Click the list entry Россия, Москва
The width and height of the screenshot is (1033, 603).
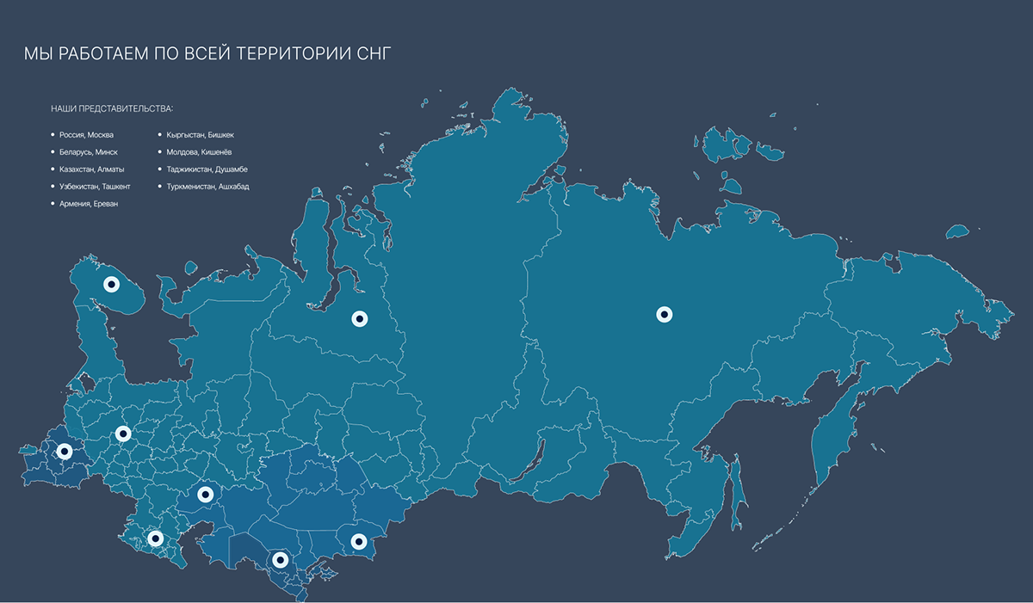click(86, 135)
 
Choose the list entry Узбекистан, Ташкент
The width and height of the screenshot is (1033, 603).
click(95, 187)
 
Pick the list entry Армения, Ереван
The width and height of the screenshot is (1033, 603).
click(89, 204)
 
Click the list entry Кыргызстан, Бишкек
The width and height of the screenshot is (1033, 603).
click(200, 135)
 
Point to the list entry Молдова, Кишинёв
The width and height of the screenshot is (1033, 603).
click(199, 152)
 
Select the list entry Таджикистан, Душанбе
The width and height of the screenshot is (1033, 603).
click(207, 169)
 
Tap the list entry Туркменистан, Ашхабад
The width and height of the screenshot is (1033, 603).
click(207, 187)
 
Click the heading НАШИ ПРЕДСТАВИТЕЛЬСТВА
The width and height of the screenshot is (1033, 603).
click(112, 109)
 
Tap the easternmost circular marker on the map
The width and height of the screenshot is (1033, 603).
click(664, 315)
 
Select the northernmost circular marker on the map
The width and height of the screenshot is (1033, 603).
click(111, 283)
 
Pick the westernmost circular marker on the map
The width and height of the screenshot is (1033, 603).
click(64, 450)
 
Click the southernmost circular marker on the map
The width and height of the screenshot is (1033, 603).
click(279, 560)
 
